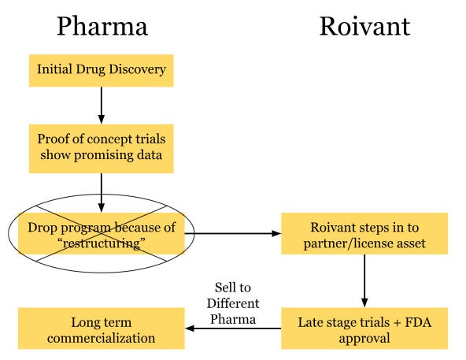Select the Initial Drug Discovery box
pos(102,69)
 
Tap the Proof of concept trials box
pos(102,147)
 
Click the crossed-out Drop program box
pos(102,233)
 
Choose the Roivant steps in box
pos(364,233)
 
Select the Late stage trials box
pos(364,328)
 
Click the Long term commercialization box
pos(102,328)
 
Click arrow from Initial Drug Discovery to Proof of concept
pos(102,102)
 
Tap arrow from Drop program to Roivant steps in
pos(236,233)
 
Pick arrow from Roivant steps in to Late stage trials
pos(364,280)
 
